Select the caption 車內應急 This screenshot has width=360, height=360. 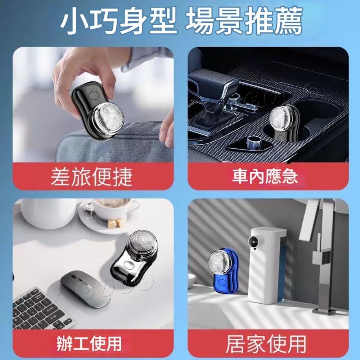[x=265, y=176]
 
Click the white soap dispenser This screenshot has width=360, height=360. [x=267, y=263]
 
